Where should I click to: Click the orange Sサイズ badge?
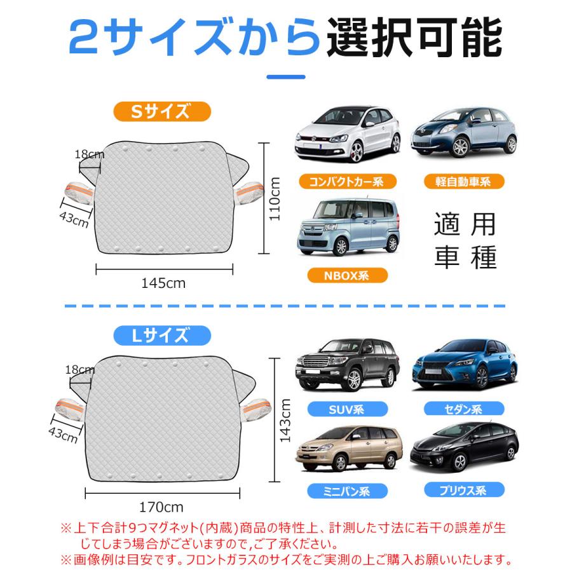[x=162, y=111]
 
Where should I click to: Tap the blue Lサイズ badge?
[x=162, y=334]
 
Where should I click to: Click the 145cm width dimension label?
[x=163, y=284]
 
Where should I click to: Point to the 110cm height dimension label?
[x=275, y=198]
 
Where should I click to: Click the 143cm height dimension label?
[x=285, y=421]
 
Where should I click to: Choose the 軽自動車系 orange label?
[x=464, y=182]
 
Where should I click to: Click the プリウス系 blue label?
[x=464, y=490]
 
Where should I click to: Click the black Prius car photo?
[x=464, y=446]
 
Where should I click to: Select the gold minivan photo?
[x=348, y=449]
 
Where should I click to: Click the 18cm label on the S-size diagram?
[x=89, y=154]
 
